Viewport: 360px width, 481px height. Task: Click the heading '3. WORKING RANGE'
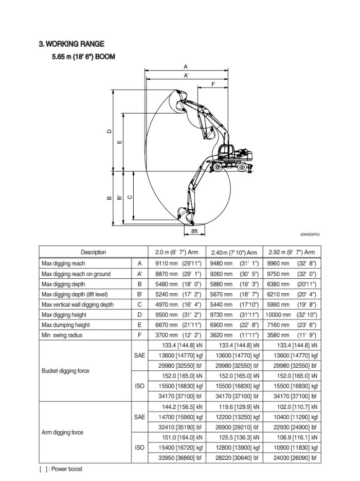tap(71, 45)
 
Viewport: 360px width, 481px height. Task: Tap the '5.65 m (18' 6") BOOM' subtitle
tap(83, 57)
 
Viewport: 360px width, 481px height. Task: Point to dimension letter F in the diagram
tap(213, 83)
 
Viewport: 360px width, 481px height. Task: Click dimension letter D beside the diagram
tap(109, 131)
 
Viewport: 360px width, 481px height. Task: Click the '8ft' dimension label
tap(194, 231)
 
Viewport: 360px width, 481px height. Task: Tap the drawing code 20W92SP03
tap(310, 235)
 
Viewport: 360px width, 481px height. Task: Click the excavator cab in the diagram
tap(225, 151)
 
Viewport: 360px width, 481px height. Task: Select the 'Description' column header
tap(93, 252)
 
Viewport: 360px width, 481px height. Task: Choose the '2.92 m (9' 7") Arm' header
tap(292, 252)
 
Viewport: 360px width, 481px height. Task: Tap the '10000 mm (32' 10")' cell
tap(291, 315)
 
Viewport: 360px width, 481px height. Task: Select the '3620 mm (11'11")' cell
tap(234, 335)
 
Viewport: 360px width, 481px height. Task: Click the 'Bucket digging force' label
tap(66, 371)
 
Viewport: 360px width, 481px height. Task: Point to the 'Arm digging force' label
tap(62, 433)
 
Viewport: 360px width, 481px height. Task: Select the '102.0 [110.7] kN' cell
tap(291, 406)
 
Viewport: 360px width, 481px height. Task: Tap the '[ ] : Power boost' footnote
tap(61, 469)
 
